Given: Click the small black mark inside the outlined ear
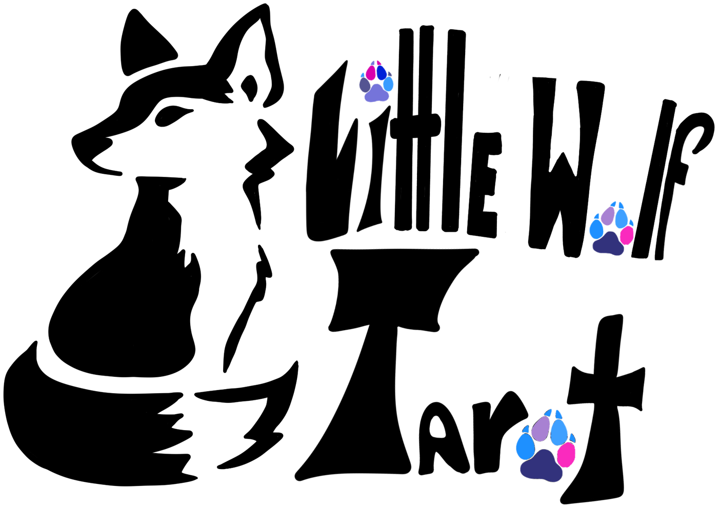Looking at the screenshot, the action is click(249, 88).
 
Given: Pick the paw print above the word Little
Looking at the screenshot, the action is click(376, 82).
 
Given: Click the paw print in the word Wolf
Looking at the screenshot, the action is click(612, 229).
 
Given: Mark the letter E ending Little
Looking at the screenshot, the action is click(483, 185).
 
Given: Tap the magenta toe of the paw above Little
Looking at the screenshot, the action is click(370, 72).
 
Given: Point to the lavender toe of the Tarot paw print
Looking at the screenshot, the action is click(541, 428).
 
